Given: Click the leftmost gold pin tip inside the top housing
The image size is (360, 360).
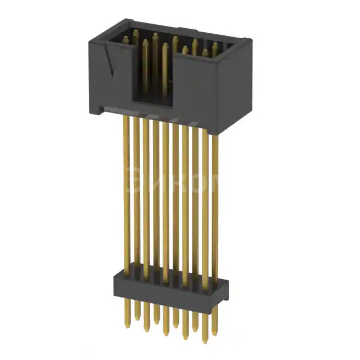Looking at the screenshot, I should click(125, 39).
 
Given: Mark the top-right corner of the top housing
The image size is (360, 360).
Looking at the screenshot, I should click(251, 40).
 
